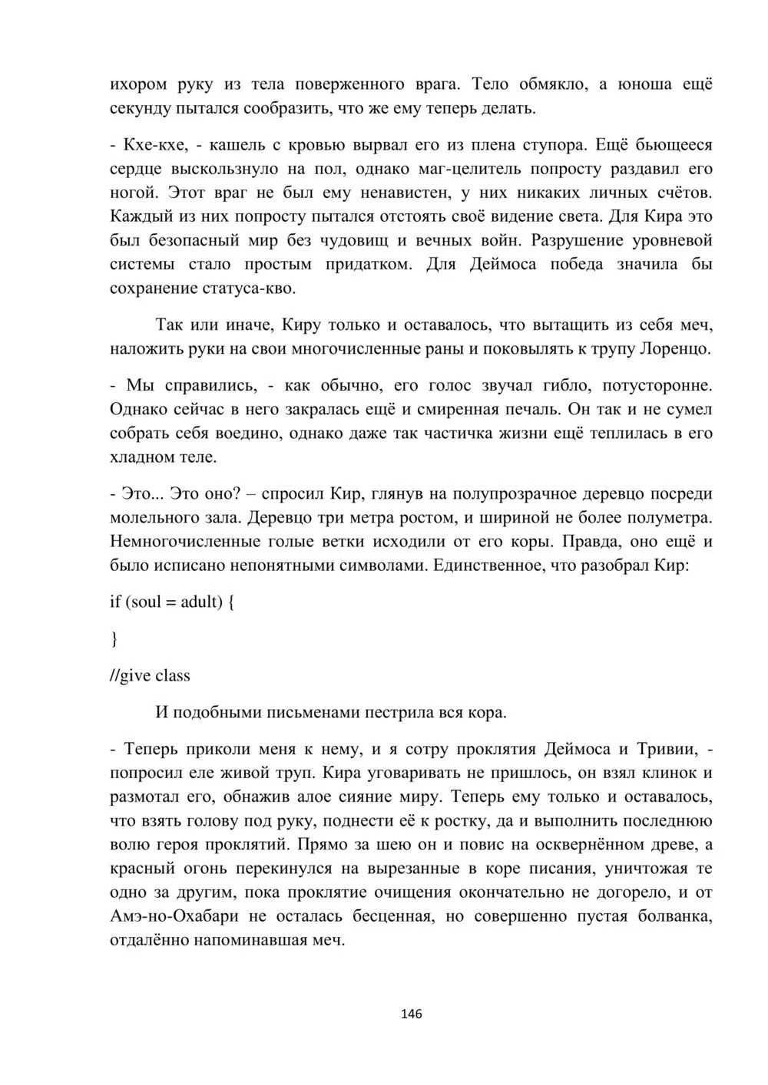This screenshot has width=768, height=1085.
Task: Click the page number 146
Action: (412, 1014)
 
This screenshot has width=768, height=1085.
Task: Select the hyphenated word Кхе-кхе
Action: (153, 145)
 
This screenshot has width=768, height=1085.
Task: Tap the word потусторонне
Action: (658, 385)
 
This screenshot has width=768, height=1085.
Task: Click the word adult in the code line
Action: (201, 602)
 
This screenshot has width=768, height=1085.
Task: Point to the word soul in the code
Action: (146, 602)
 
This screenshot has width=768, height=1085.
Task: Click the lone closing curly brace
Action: (114, 638)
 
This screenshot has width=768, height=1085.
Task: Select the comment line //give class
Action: (150, 675)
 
